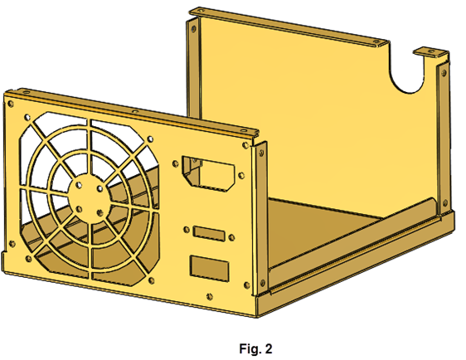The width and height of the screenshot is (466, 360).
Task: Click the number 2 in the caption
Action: pos(269,348)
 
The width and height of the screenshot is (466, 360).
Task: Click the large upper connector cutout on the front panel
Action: pos(209,173)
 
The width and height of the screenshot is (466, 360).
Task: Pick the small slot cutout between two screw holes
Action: pos(209,234)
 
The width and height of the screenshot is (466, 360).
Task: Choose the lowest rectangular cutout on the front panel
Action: pos(209,269)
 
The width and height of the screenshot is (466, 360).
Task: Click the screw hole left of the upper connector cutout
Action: pos(175,163)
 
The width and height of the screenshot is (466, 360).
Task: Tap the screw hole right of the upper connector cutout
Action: pos(241,175)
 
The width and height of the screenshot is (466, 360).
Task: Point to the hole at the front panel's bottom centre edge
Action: pos(210,296)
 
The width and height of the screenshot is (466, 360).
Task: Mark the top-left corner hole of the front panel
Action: pos(11,104)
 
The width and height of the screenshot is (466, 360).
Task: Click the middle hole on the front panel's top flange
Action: pos(135,111)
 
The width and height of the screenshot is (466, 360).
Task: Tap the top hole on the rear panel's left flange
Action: pos(193,29)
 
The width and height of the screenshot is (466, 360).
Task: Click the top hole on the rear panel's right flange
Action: pos(444,72)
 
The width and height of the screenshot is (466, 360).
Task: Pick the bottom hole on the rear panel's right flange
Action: pos(445,203)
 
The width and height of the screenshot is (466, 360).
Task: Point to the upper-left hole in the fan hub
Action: pos(79,186)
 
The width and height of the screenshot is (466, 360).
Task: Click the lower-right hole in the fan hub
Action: pos(100,212)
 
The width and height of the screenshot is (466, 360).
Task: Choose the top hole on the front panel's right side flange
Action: pos(261,153)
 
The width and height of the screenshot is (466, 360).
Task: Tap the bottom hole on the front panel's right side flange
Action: pos(262,282)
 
